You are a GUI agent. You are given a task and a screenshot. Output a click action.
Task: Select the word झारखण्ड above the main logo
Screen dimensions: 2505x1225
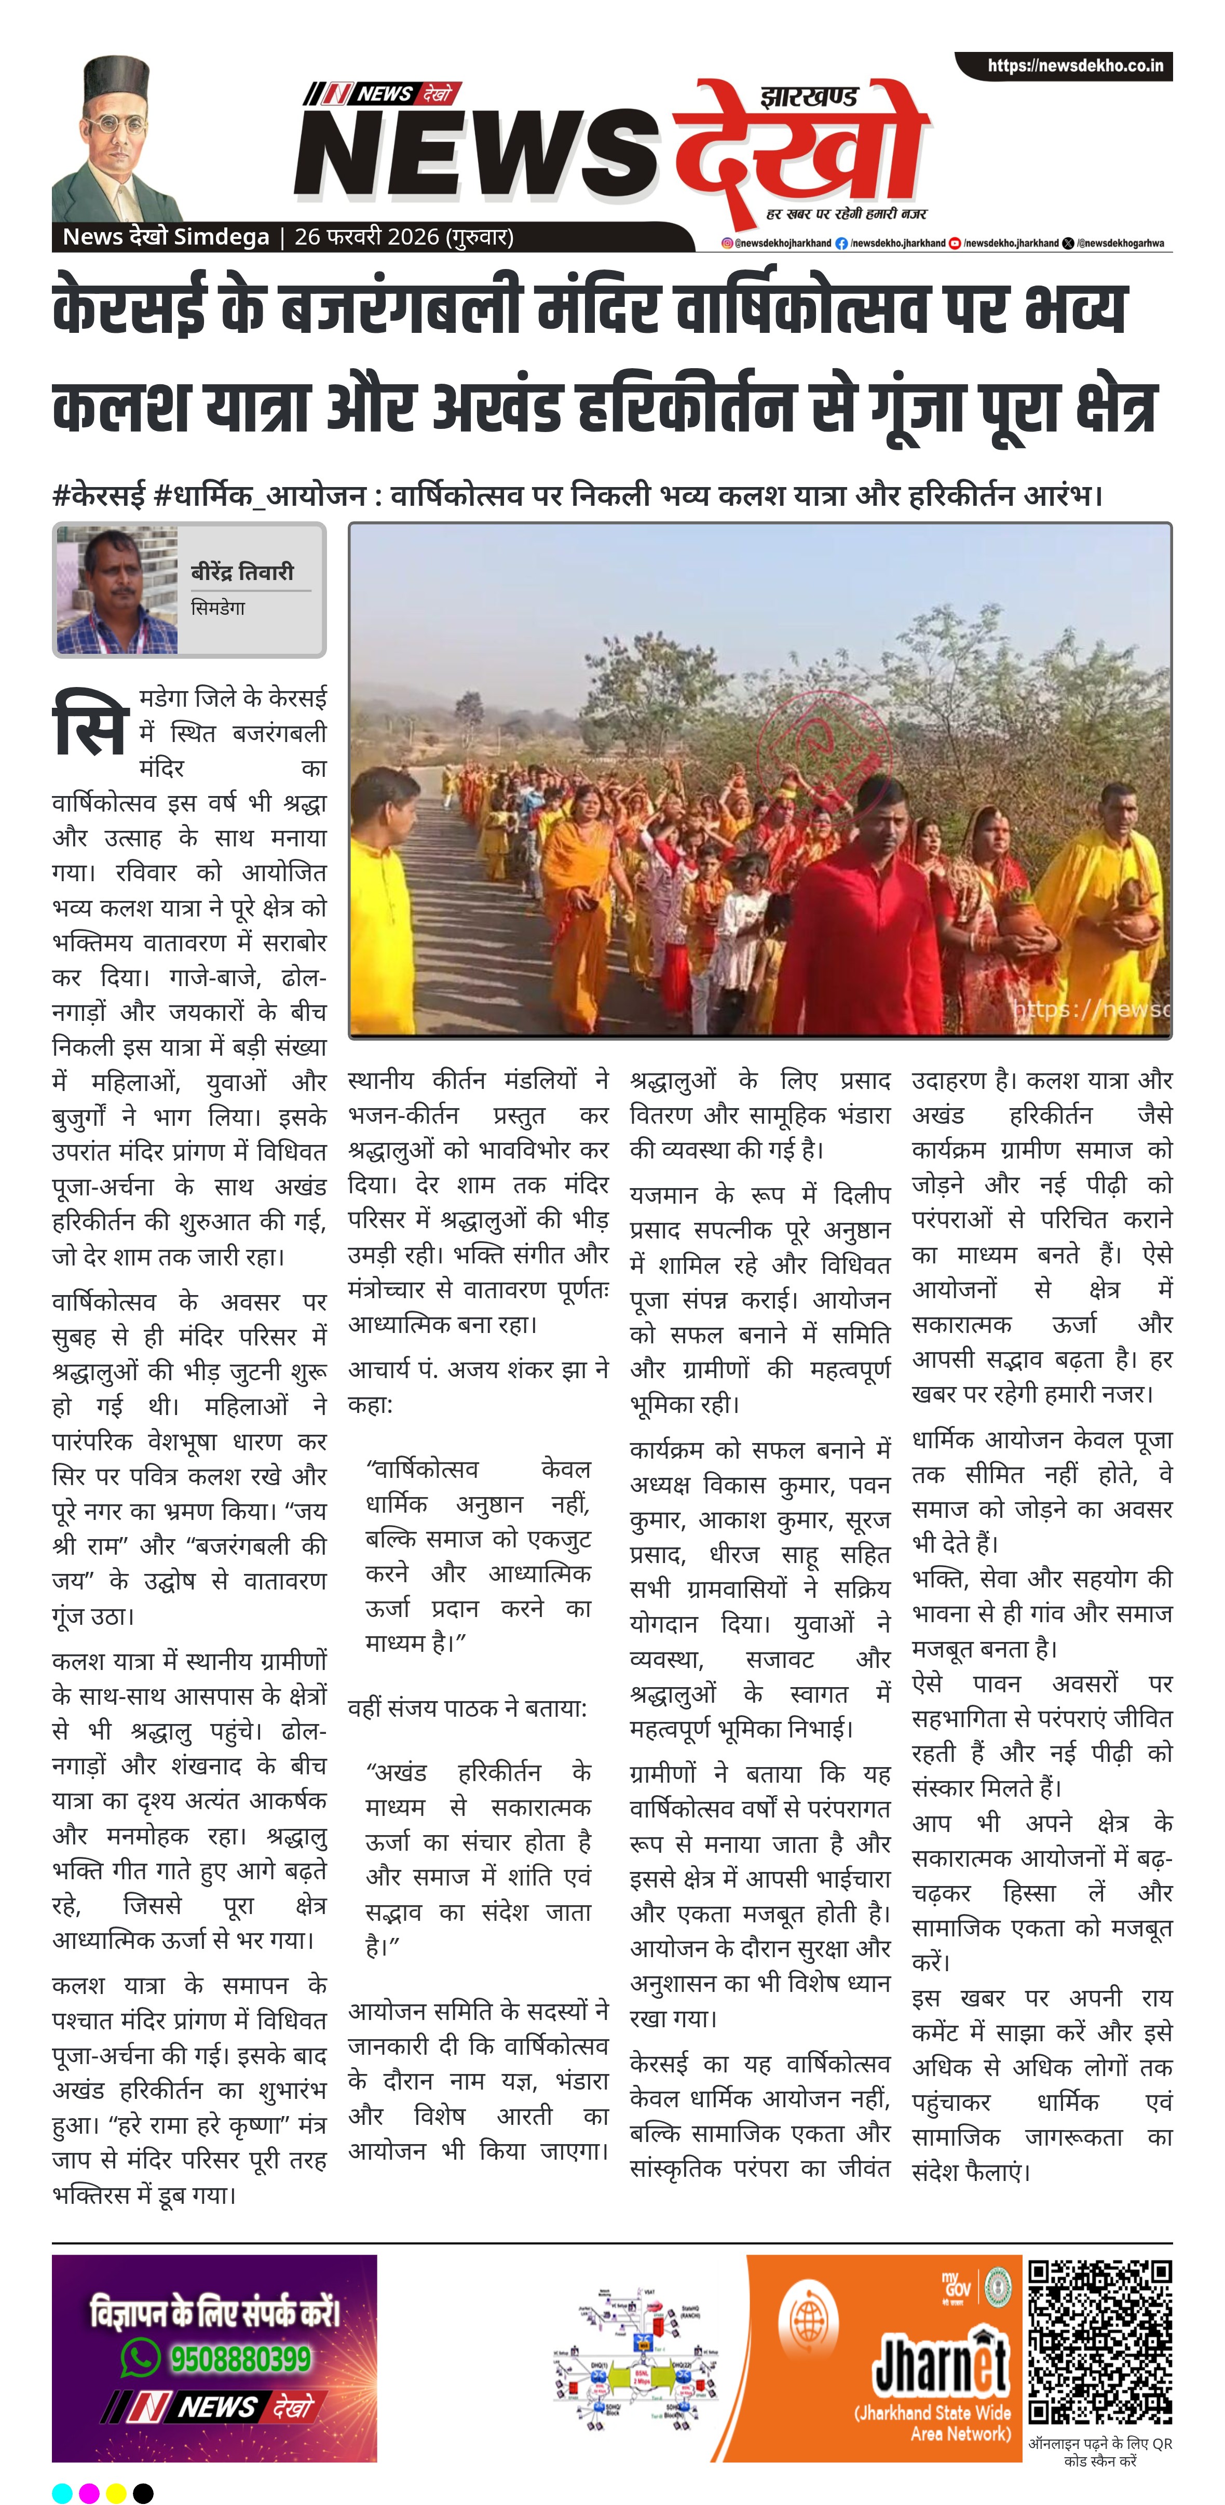pyautogui.click(x=809, y=96)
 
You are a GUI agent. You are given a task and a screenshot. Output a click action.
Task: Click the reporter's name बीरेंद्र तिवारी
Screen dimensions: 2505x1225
pyautogui.click(x=242, y=572)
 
